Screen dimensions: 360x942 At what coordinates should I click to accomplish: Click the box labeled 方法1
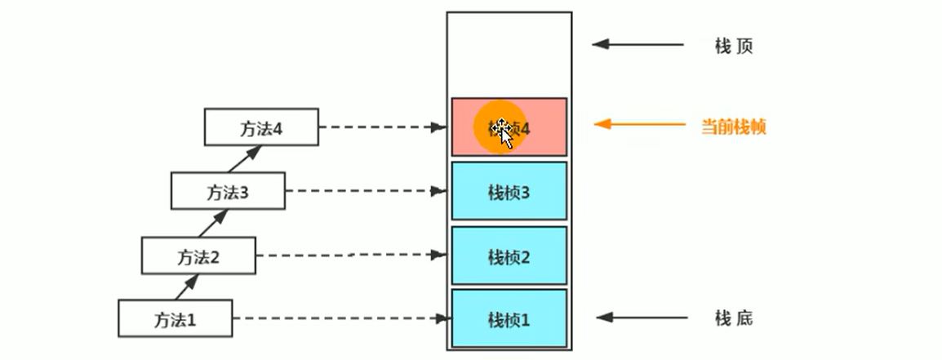coord(176,318)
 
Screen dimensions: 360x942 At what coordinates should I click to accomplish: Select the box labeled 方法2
coord(198,256)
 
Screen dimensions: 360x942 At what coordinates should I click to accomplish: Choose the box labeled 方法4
coord(260,128)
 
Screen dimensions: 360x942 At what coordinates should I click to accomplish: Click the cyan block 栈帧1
coord(509,318)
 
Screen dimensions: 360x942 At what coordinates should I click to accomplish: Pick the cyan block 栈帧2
coord(509,256)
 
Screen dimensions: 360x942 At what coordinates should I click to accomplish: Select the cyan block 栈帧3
coord(509,192)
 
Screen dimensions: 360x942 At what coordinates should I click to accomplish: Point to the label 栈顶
coord(733,46)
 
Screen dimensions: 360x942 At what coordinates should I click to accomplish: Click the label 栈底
coord(733,318)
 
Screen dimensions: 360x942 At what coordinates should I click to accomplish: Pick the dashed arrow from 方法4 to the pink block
coord(384,127)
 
